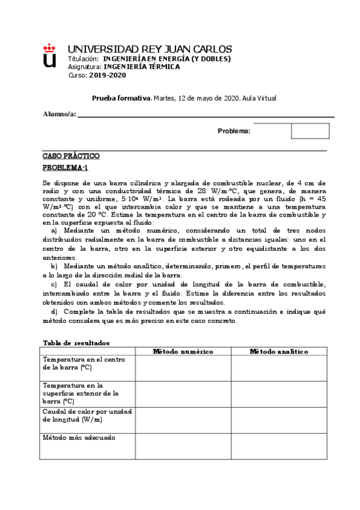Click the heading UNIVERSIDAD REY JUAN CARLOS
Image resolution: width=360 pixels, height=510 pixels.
(150, 49)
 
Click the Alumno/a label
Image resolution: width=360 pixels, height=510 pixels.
(59, 115)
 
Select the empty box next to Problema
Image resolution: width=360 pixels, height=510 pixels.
(310, 131)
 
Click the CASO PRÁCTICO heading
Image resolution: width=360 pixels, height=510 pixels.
(71, 156)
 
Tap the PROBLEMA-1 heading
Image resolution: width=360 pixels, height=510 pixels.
(66, 167)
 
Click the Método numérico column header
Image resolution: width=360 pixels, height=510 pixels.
(183, 351)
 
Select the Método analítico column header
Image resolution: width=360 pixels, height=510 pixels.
(279, 351)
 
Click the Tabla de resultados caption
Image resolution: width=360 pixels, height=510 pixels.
(76, 342)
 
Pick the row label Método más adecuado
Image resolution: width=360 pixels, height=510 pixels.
(79, 437)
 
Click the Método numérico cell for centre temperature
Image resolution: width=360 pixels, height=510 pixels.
(183, 368)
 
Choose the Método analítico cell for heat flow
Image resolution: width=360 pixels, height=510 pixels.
(279, 420)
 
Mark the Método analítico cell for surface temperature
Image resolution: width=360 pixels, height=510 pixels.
(279, 393)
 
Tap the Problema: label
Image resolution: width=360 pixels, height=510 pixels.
(234, 131)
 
